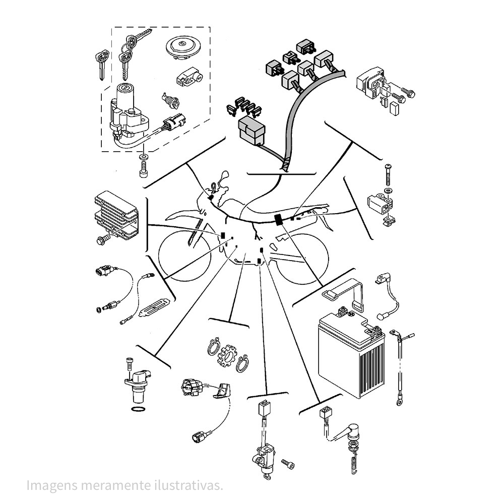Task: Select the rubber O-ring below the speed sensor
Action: coord(139,408)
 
